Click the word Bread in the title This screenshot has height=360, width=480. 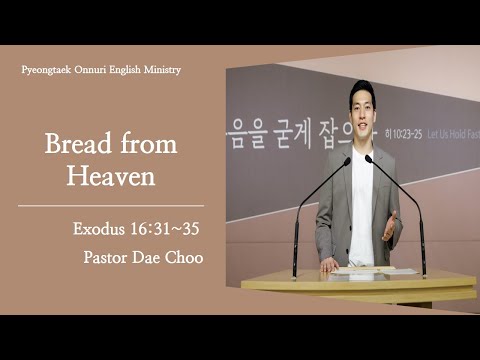[75, 144]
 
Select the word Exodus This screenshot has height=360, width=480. [100, 229]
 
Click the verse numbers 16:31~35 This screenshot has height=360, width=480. [164, 229]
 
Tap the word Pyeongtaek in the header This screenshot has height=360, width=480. [47, 70]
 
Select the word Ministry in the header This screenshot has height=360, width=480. [160, 70]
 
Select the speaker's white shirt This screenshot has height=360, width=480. [361, 200]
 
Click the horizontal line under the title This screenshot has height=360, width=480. [111, 206]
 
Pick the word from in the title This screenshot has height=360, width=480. [150, 144]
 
